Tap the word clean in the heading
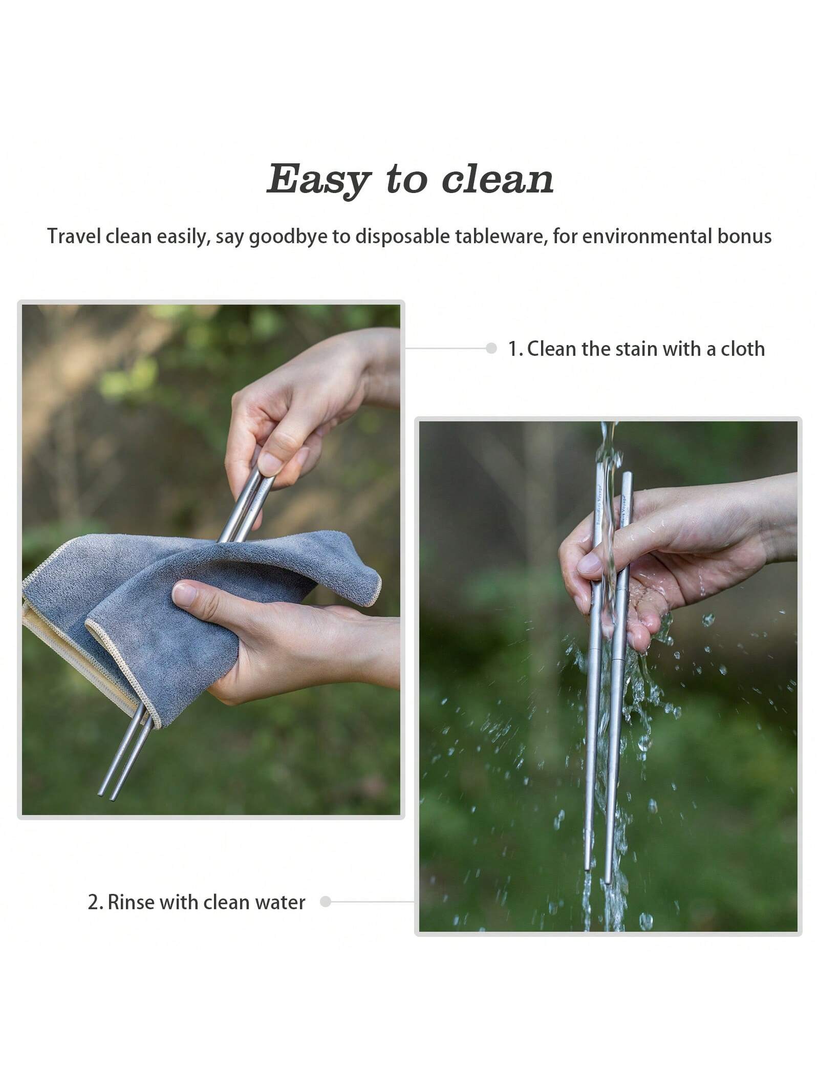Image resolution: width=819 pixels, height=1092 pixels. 498,179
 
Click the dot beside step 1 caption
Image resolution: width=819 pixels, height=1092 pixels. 491,349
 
